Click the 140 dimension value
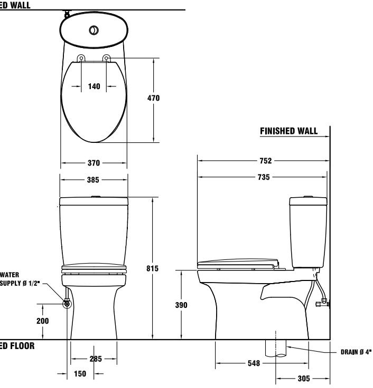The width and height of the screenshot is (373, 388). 94,87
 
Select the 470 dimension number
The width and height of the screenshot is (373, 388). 153,98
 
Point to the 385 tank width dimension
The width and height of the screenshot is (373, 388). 94,180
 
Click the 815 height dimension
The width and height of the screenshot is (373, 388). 152,268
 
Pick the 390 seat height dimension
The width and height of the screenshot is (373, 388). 181,305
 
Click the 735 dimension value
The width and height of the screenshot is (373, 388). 263,178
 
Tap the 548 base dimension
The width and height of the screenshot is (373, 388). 254,364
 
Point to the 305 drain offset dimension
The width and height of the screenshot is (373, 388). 302,379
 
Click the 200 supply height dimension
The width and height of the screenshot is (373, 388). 43,321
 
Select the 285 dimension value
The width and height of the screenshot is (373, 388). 96,359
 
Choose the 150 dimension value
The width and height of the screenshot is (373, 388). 80,374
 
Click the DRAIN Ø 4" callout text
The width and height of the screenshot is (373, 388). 356,352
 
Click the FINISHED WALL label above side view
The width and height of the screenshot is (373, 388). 289,131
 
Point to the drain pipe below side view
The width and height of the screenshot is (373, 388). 276,348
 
